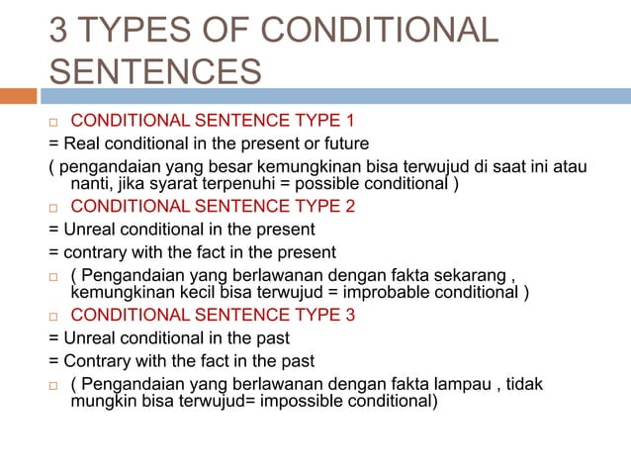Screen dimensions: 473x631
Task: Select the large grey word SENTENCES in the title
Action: (x=156, y=71)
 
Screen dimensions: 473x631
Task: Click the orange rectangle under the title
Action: (x=18, y=97)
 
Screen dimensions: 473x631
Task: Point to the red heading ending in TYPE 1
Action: (x=213, y=122)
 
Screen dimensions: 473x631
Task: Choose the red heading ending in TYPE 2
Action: (x=213, y=208)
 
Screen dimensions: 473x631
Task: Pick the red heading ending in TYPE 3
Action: (x=213, y=316)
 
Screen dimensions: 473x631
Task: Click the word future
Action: (x=341, y=143)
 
